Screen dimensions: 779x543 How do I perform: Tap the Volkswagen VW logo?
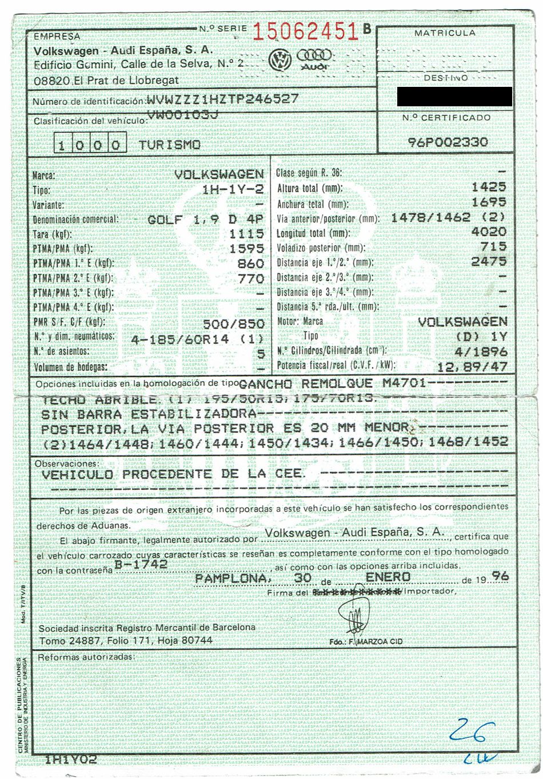(281, 59)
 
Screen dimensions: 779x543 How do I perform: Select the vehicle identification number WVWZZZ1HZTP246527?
(222, 98)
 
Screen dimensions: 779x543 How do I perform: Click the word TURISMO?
(169, 145)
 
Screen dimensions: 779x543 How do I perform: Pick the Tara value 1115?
(246, 234)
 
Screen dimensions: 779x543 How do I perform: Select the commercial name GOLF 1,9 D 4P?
(206, 219)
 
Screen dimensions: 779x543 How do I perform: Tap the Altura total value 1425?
(489, 187)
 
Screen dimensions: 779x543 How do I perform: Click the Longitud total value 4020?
(489, 232)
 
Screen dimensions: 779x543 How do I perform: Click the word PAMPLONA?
(231, 578)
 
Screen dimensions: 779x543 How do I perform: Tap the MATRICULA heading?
(445, 33)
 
